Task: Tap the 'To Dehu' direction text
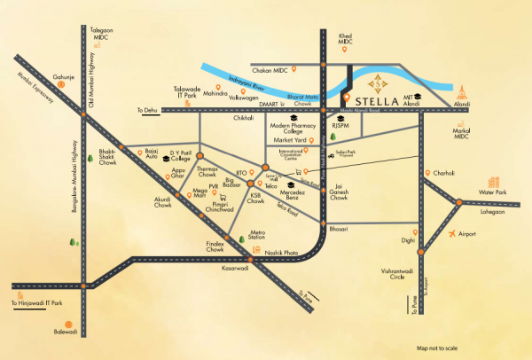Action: click(x=152, y=110)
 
